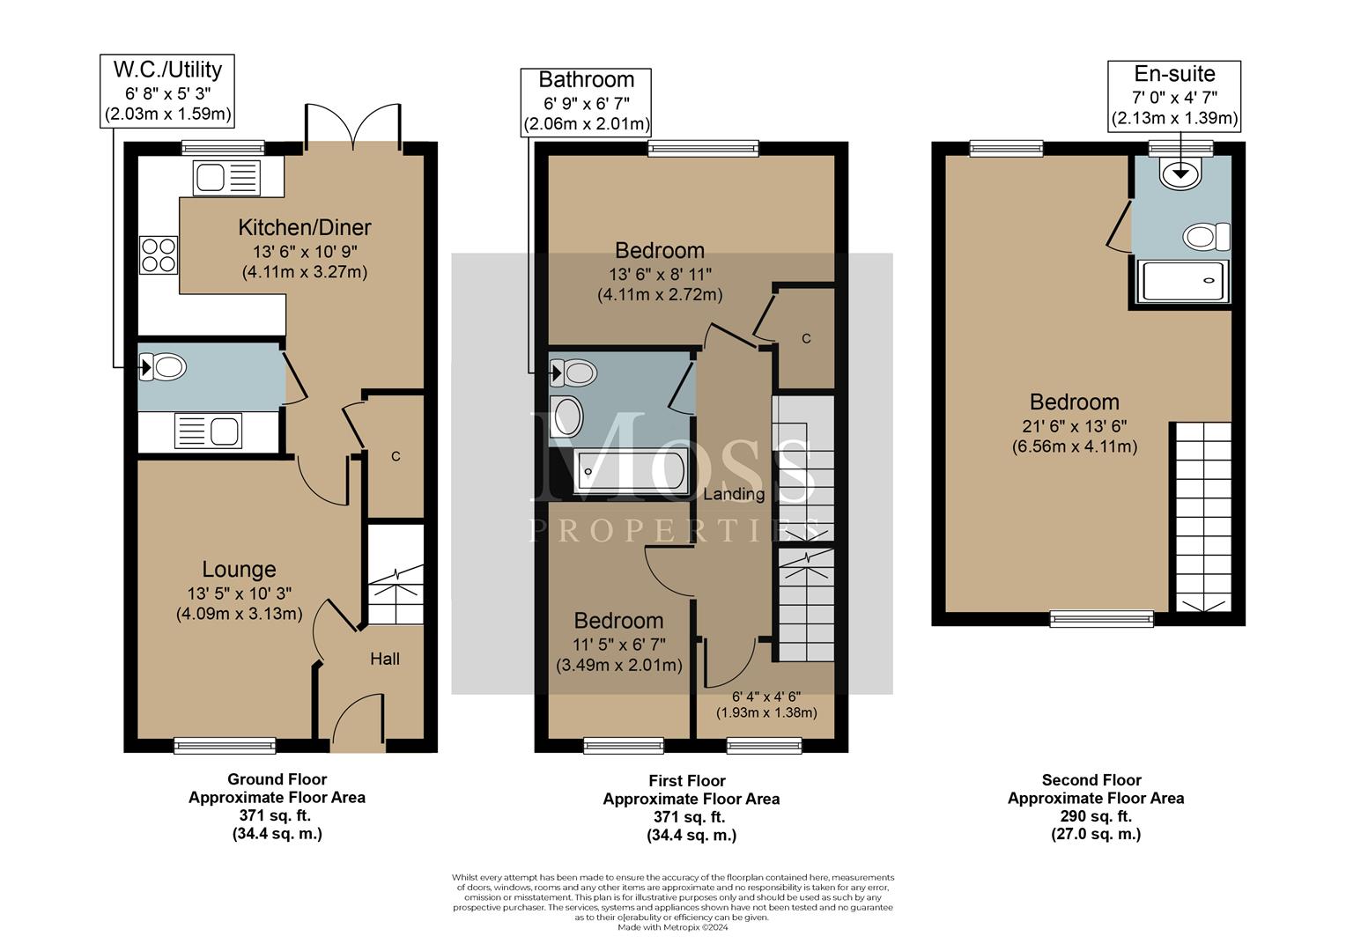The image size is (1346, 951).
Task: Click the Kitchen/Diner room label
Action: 305,228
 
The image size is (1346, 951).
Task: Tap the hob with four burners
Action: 159,255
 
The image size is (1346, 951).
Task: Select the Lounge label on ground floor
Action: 239,569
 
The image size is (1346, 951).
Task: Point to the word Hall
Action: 385,659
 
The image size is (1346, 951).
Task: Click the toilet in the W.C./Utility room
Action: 163,366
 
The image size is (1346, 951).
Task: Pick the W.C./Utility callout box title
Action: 167,70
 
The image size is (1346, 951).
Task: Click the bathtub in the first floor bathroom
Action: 631,472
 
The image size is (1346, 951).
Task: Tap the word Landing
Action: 735,494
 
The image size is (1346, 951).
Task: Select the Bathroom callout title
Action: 586,79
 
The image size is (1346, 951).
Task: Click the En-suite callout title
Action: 1174,73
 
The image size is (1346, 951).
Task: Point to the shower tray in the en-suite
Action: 1182,281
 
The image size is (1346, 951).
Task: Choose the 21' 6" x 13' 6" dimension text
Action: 1075,426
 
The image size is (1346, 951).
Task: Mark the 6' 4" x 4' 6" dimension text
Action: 766,697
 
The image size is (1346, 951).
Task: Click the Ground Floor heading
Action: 277,779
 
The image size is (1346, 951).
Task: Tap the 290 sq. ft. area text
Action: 1096,815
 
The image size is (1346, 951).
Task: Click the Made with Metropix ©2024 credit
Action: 673,927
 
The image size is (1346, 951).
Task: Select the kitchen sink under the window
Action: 226,178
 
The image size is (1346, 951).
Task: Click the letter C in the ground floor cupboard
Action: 396,457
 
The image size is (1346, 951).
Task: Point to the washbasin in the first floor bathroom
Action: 566,417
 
